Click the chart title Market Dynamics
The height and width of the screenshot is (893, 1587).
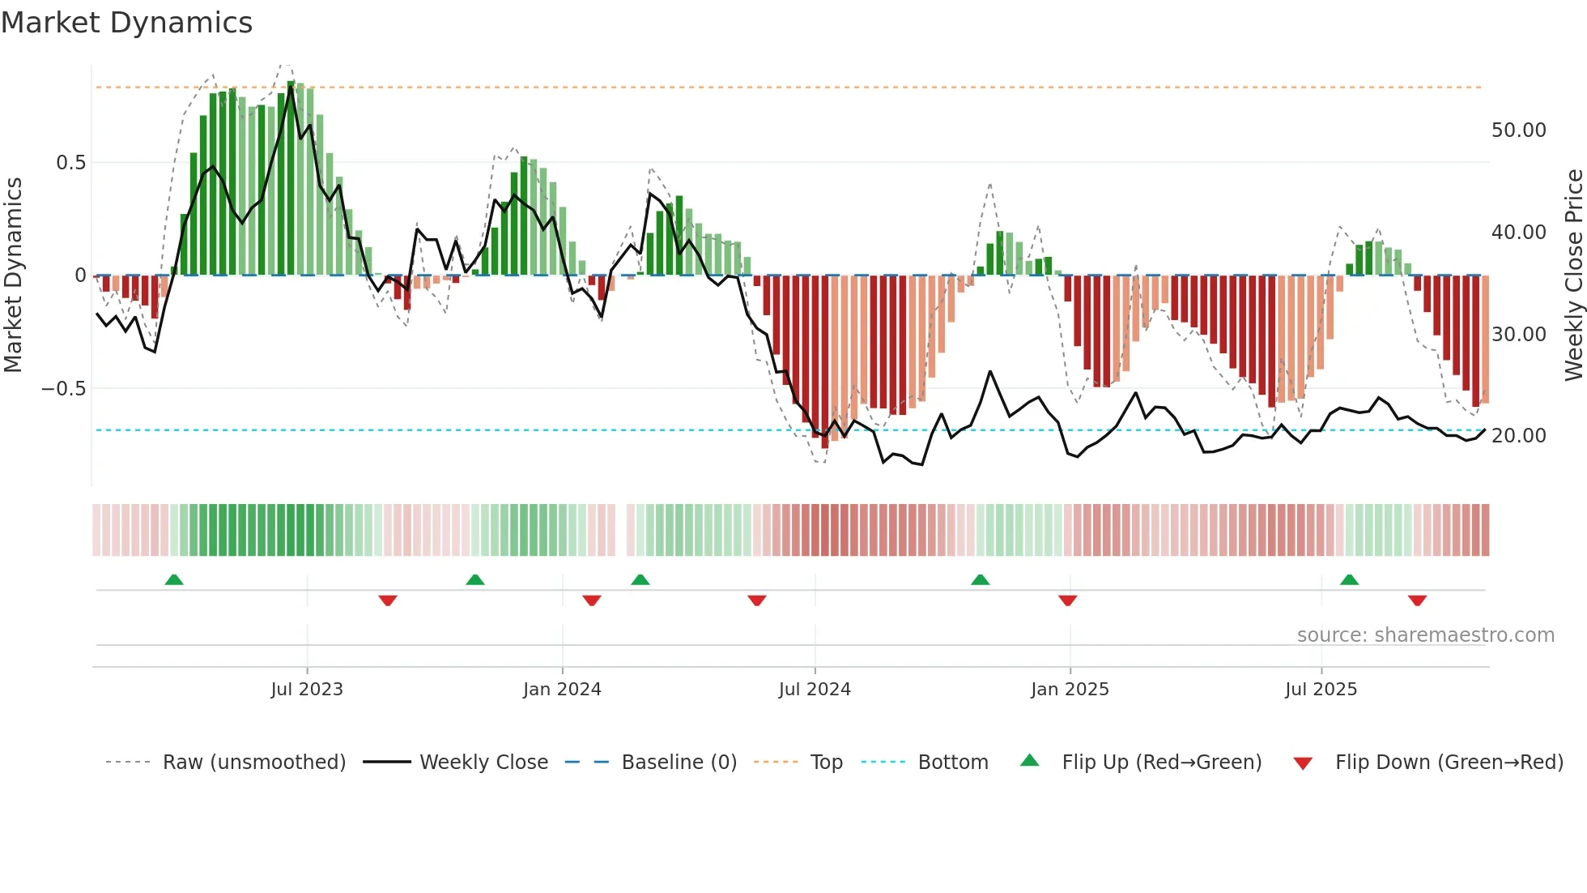click(126, 23)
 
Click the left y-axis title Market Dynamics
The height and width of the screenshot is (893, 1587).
click(13, 276)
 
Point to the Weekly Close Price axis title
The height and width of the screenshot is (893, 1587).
click(1573, 276)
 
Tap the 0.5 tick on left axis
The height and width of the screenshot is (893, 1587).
click(70, 163)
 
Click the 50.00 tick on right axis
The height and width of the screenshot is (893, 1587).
click(1518, 130)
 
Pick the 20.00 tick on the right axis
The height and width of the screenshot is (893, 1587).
click(1518, 436)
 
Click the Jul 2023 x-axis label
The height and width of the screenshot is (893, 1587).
click(307, 690)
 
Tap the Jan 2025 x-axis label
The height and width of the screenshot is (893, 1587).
click(1070, 690)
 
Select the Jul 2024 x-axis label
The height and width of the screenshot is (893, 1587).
click(815, 690)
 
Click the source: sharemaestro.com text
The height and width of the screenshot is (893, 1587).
click(1425, 635)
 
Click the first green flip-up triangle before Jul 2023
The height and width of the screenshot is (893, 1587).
click(174, 579)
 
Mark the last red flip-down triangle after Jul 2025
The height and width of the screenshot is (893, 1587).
click(1417, 600)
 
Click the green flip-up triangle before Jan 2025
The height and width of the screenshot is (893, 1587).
click(980, 579)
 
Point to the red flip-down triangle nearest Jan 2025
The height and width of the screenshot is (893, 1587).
click(1067, 600)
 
